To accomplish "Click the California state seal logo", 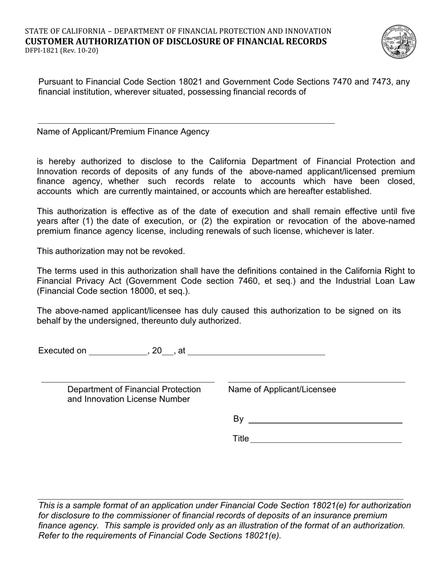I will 399,42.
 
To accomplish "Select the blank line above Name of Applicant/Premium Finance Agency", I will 186,123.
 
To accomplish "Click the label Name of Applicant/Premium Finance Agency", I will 123,132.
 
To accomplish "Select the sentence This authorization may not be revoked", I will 111,251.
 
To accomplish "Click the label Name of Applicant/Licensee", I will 282,390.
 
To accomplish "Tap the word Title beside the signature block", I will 241,439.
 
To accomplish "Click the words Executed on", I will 62,351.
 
